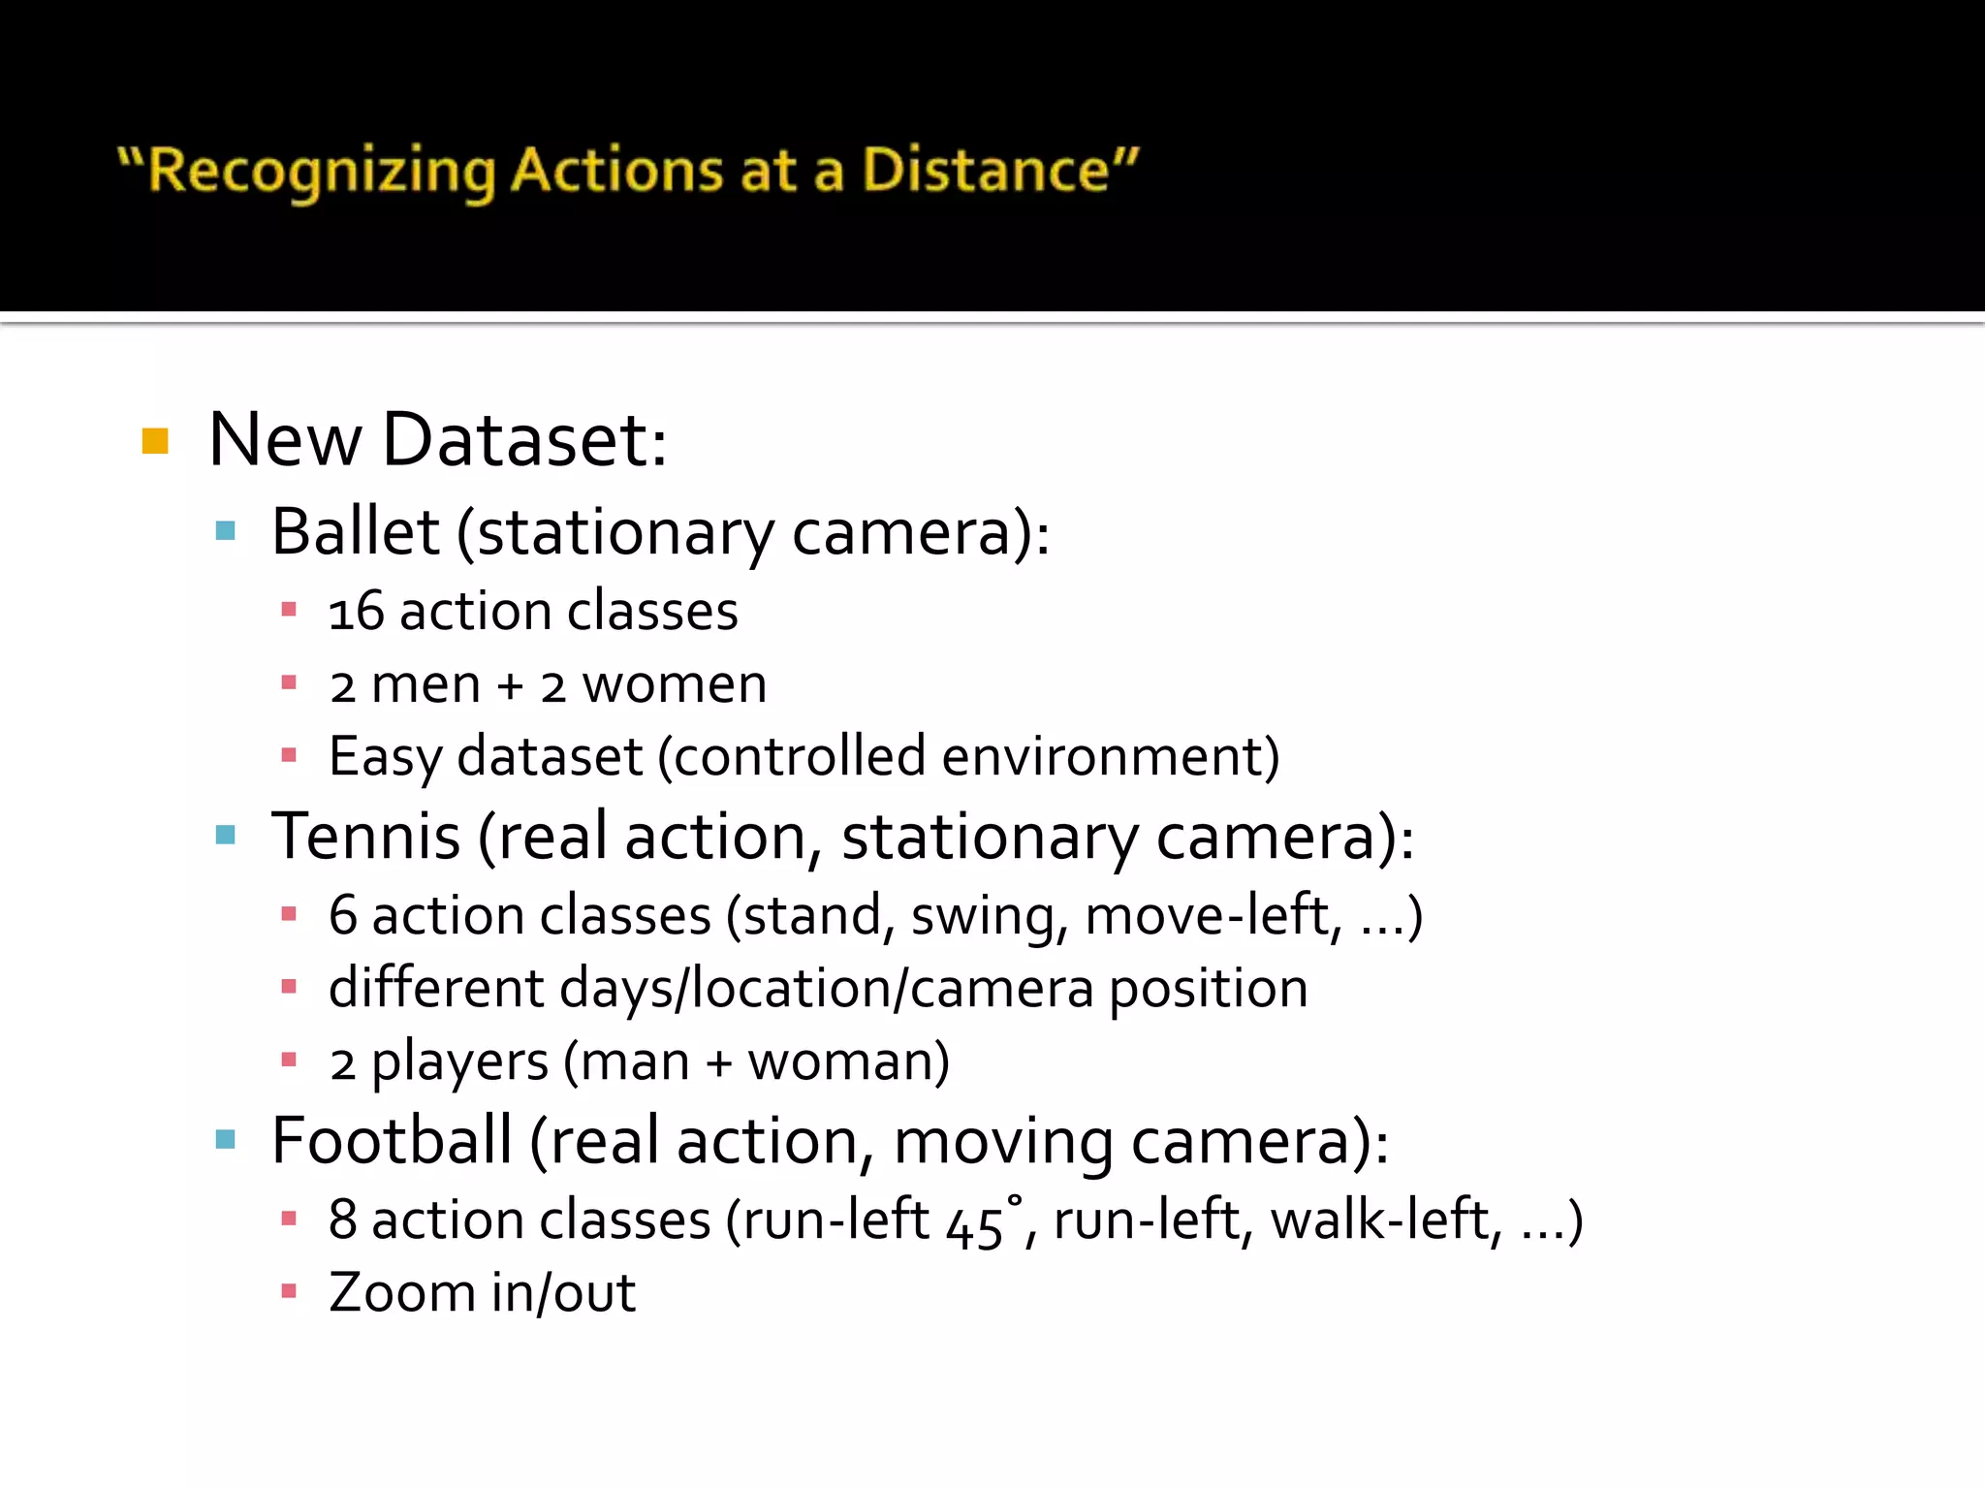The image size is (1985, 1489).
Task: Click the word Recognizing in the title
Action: pos(324,172)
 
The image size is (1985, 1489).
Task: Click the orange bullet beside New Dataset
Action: pos(155,441)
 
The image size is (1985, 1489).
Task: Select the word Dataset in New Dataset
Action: pos(524,441)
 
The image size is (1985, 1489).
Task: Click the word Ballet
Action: pos(356,532)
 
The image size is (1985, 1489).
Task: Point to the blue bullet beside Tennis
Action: pos(226,836)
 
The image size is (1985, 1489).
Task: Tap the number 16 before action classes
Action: pos(356,613)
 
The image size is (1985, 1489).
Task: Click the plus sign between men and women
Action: pos(510,686)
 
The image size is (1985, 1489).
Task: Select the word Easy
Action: pos(386,758)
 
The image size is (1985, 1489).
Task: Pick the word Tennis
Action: pos(365,837)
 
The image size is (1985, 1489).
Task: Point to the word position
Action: pos(1208,990)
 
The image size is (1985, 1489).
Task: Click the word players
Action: pos(459,1062)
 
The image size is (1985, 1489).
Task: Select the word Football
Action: pos(392,1141)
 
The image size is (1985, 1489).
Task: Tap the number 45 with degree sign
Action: pos(980,1222)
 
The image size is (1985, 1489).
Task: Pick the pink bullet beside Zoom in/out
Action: pos(288,1291)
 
